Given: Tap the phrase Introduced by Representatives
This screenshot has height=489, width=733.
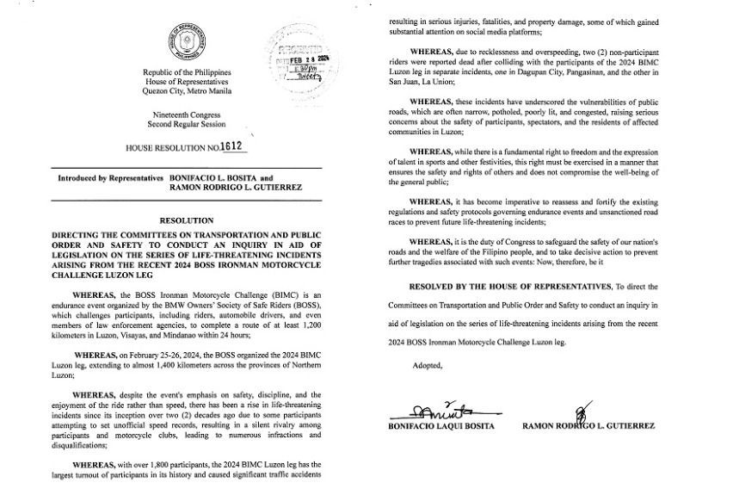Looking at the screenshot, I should pos(111,178).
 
